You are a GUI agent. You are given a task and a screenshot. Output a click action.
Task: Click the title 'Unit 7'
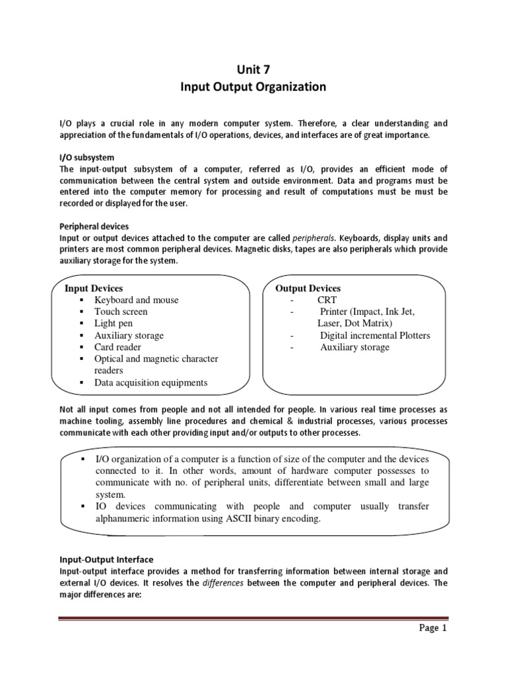point(253,69)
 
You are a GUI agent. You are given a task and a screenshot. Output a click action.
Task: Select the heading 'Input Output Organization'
point(253,86)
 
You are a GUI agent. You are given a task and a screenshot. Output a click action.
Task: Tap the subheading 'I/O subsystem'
point(86,157)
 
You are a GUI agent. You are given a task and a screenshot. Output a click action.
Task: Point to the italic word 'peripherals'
point(314,238)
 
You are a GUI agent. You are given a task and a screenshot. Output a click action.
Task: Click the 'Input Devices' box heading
point(93,288)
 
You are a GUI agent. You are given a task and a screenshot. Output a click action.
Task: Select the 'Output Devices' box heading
point(308,288)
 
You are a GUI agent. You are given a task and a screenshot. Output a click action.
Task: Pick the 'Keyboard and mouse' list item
point(136,300)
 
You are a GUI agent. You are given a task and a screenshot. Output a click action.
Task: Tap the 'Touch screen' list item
point(121,312)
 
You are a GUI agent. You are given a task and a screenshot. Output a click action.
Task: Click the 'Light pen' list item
point(114,323)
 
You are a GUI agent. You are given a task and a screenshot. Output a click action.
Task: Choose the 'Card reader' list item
point(118,347)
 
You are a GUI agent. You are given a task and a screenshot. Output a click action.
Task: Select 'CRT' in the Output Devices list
point(327,300)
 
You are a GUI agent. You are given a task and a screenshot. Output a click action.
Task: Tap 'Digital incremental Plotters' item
point(375,335)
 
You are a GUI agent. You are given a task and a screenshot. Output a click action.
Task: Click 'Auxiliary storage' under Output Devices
point(355,347)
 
